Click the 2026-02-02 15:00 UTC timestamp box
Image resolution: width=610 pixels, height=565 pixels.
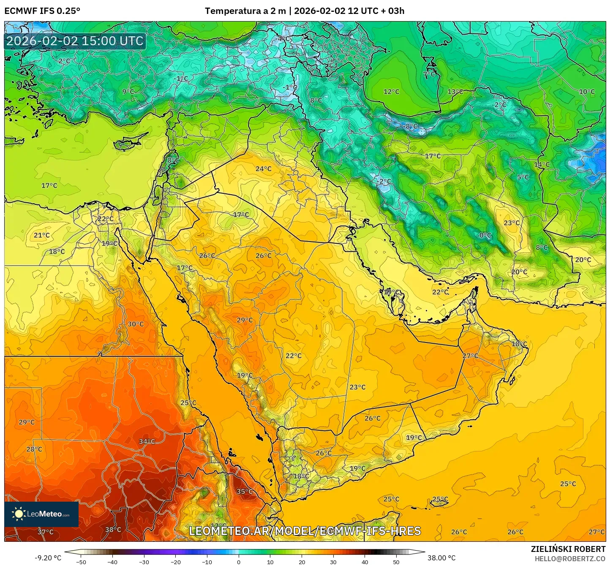75,41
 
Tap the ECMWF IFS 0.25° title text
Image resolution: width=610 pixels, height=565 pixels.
42,11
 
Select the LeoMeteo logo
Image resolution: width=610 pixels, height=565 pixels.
41,514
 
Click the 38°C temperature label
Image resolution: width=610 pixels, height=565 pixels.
113,530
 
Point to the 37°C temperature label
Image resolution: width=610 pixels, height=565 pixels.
46,532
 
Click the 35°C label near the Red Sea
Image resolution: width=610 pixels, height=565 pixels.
245,492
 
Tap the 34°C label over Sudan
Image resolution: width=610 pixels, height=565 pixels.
147,442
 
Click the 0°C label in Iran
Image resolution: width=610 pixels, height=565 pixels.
485,236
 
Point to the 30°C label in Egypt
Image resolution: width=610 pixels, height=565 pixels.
136,324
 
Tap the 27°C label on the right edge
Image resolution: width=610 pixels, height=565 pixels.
596,532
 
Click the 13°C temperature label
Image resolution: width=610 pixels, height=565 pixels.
455,92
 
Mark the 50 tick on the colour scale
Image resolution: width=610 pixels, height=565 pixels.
396,562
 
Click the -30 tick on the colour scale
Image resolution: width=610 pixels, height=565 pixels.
144,562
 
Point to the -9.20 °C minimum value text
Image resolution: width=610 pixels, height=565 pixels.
48,558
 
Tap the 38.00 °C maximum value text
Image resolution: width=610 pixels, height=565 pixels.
441,558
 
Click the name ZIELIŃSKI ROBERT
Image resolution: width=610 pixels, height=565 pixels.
568,549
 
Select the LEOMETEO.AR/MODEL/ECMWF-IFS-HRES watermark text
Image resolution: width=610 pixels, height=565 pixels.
305,531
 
